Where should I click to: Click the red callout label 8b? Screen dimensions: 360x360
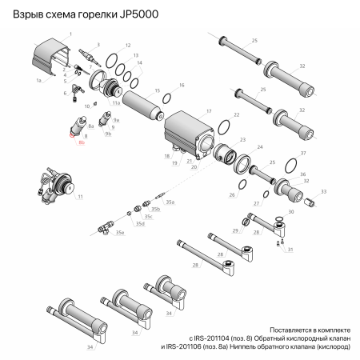click(x=82, y=142)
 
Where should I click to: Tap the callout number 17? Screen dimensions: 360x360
click(x=209, y=110)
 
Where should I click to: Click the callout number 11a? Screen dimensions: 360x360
click(x=116, y=103)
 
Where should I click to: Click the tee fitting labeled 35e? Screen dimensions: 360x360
click(x=107, y=227)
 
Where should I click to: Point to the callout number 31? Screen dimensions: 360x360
click(x=290, y=250)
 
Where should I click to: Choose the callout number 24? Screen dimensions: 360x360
click(x=258, y=147)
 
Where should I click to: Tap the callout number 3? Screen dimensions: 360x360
click(x=98, y=45)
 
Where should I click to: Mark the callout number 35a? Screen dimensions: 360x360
click(x=170, y=203)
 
